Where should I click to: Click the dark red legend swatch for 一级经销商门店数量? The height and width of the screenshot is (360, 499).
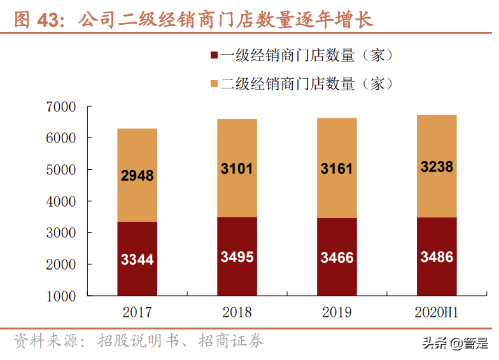point(214,56)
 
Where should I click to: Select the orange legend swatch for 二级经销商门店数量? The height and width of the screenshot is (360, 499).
point(214,84)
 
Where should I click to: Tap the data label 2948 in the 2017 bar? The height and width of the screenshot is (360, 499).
point(137,176)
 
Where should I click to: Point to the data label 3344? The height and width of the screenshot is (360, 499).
point(137,260)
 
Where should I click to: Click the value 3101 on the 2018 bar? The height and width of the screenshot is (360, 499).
point(237,169)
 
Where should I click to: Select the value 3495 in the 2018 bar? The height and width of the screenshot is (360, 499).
point(237,257)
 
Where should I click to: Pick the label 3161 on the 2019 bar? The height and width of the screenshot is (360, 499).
point(337,169)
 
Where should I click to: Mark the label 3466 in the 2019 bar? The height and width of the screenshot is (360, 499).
point(337,258)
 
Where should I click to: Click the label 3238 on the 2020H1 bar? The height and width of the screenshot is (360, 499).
point(437,167)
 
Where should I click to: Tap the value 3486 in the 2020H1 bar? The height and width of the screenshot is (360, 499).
point(437,257)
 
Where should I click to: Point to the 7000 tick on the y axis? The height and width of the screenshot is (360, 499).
point(61,107)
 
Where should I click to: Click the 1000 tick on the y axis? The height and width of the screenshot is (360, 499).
point(61,296)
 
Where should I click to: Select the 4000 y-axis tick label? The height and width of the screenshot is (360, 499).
point(61,202)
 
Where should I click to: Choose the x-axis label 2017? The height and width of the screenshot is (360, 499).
point(137,312)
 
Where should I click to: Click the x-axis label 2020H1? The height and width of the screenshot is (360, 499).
point(437,312)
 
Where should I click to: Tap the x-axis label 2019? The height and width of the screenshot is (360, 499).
point(337,312)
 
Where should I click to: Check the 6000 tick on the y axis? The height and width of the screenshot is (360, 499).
point(61,139)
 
